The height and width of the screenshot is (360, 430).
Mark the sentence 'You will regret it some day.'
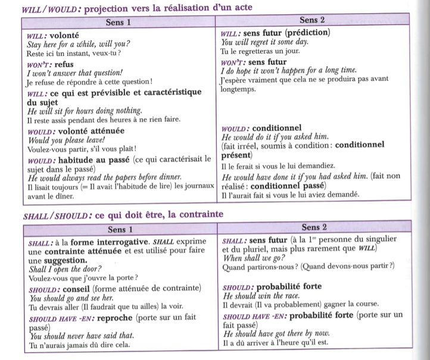coord(264,42)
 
